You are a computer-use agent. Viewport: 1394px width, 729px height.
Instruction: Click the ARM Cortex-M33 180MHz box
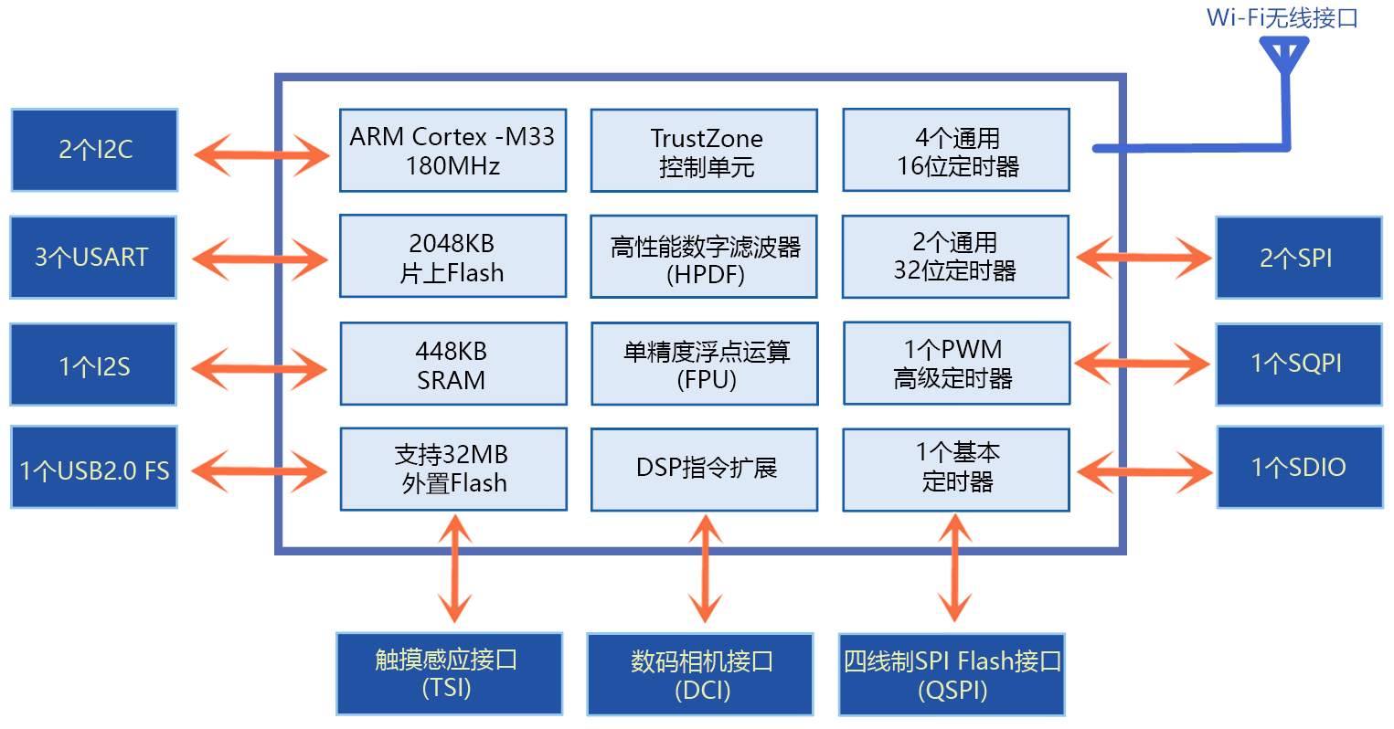pos(453,151)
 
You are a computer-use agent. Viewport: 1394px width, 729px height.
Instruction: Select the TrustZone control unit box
pos(704,151)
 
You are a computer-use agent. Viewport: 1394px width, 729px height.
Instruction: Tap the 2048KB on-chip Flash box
pos(453,257)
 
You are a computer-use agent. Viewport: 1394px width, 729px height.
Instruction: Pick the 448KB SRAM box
pos(453,364)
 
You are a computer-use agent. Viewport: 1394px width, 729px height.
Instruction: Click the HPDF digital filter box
pos(704,257)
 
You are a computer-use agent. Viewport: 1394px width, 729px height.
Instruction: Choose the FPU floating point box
pos(705,364)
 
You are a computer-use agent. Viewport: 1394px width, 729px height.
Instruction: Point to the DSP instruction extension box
pos(705,470)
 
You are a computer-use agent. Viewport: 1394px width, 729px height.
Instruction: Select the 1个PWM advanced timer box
pos(956,364)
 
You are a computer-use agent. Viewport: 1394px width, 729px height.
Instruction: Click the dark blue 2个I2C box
pos(94,150)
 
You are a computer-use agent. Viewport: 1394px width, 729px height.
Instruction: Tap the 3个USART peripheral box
pos(93,258)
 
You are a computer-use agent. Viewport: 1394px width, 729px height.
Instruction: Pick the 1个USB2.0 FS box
pos(94,467)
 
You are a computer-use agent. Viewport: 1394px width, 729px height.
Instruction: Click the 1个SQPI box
pos(1300,364)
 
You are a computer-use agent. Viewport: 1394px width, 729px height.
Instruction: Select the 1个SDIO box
pos(1300,467)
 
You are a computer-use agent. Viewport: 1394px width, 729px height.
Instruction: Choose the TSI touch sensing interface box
pos(450,673)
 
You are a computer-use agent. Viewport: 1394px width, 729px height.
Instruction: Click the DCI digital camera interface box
pos(700,674)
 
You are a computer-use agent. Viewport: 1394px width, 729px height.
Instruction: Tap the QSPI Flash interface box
pos(952,674)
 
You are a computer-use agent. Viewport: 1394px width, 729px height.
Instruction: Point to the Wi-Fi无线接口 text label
pos(1282,18)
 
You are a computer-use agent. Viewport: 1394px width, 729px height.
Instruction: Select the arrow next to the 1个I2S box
pos(260,369)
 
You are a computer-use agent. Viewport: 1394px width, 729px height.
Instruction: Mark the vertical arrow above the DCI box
pos(705,568)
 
